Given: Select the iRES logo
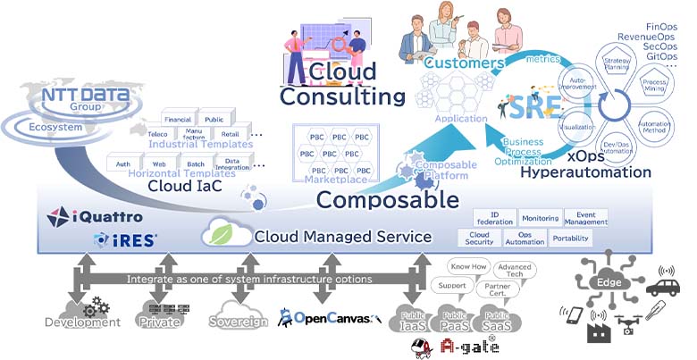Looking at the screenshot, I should point(125,239).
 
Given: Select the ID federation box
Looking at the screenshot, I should point(501,217).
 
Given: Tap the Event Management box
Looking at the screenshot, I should point(586,217).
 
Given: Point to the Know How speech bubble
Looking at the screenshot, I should point(468,267).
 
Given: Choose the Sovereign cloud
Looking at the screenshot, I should point(238,315).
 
